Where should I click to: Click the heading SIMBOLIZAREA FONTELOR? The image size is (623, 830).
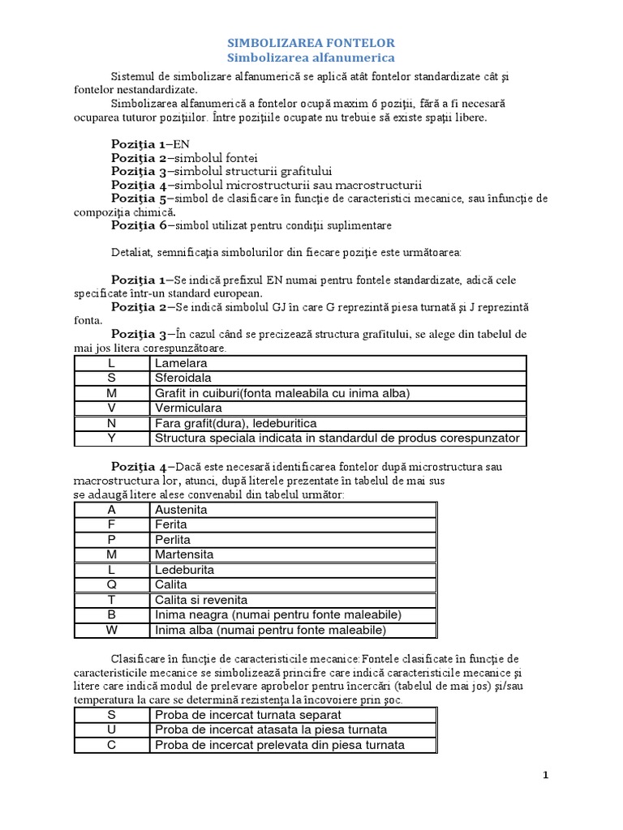point(311,42)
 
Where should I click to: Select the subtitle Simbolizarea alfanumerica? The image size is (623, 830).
point(311,58)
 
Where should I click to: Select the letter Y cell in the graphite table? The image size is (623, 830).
point(112,439)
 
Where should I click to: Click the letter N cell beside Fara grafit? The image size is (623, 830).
point(112,423)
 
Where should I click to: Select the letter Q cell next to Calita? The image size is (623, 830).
point(112,584)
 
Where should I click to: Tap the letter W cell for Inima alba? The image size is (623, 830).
point(112,630)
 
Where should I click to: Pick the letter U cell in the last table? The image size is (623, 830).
point(112,729)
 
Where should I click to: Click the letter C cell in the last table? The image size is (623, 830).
point(112,745)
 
